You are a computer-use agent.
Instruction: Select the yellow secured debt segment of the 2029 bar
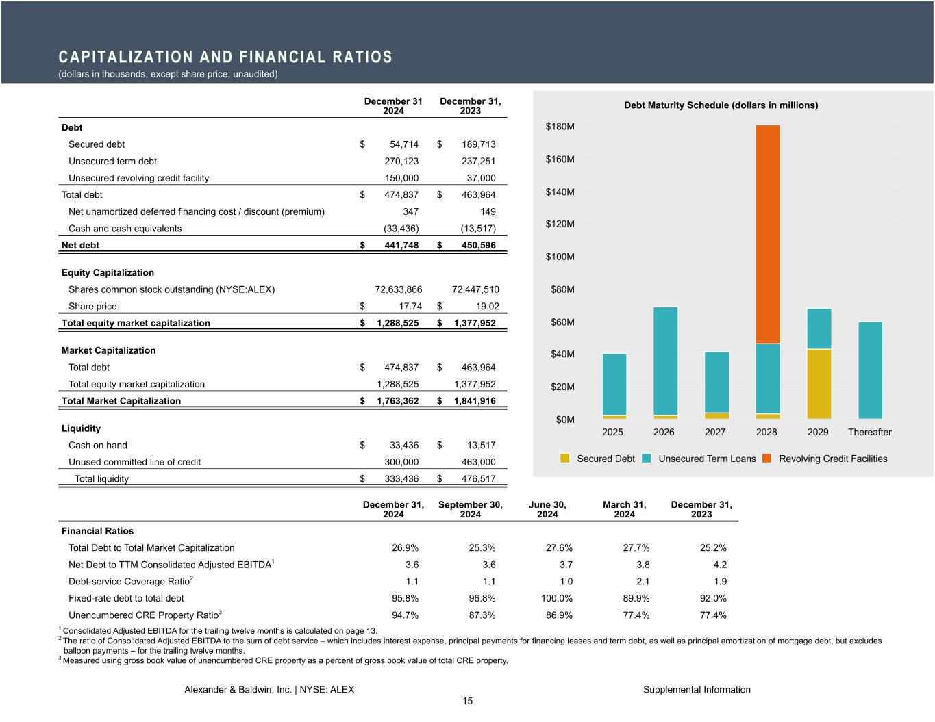point(819,383)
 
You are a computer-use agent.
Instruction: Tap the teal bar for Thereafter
point(870,370)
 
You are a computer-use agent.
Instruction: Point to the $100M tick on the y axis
point(560,257)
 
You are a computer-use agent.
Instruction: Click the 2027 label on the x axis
point(715,432)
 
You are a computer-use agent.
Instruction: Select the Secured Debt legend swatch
point(564,459)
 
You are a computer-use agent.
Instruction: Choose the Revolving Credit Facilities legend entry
point(832,459)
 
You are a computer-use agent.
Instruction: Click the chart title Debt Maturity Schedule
point(721,105)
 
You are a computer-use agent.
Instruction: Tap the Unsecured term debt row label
point(112,161)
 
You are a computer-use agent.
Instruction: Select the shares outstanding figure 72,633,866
point(398,289)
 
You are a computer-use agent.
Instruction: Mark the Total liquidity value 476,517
point(473,479)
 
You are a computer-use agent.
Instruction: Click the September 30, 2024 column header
point(470,509)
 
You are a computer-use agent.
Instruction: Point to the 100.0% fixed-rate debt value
point(556,598)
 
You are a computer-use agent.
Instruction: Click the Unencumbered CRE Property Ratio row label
point(145,615)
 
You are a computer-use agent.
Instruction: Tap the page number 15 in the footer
point(467,701)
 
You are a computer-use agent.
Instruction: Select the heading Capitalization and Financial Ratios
point(225,57)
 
